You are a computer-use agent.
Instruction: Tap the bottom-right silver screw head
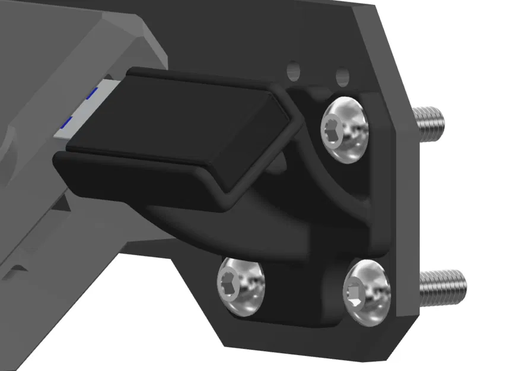click(368, 291)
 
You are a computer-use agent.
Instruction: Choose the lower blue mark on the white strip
click(66, 122)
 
